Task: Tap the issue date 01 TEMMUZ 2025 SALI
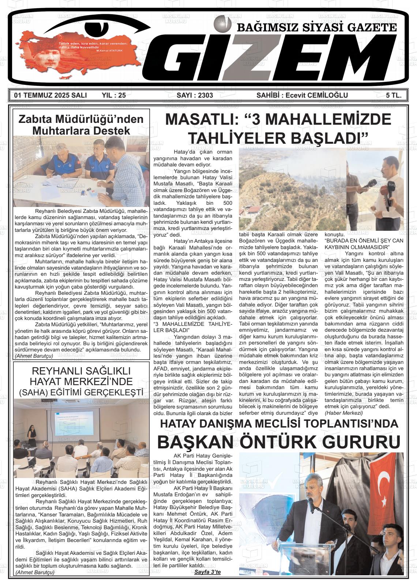[x=50, y=95]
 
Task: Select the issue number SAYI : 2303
[x=195, y=95]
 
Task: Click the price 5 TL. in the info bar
[x=394, y=95]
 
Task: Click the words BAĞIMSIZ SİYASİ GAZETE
[x=317, y=28]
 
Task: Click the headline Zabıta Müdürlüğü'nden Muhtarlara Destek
[x=81, y=125]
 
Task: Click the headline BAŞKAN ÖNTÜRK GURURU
[x=279, y=442]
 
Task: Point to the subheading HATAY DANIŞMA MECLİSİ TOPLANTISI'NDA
[x=279, y=424]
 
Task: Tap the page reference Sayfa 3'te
[x=207, y=572]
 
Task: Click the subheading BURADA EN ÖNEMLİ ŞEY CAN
[x=364, y=240]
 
